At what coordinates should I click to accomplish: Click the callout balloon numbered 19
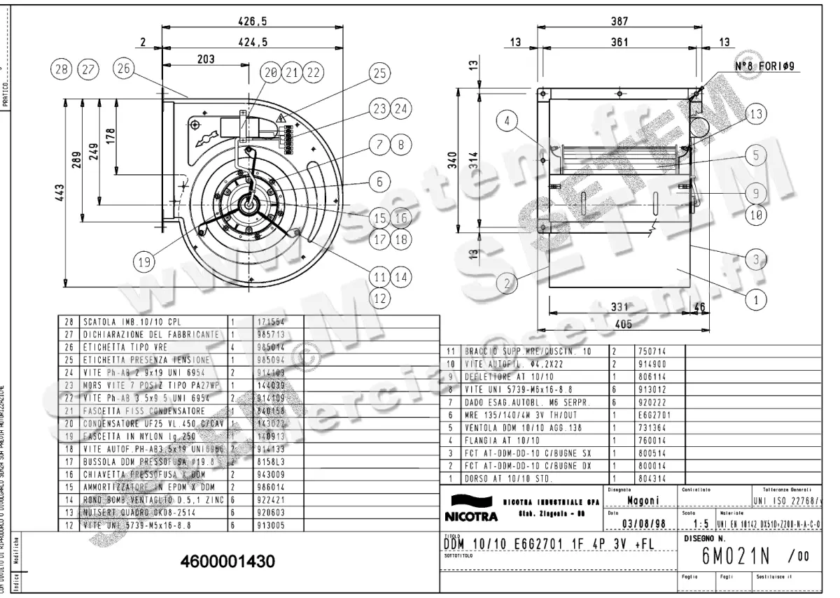tap(144, 262)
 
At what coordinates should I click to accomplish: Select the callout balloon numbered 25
tap(379, 73)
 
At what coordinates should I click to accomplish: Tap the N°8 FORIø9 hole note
tap(767, 66)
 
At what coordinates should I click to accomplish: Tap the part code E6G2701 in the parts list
tap(650, 414)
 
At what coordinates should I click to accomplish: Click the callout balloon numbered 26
tap(124, 69)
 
